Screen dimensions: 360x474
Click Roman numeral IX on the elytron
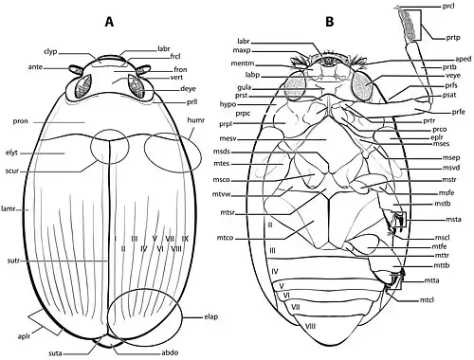186,238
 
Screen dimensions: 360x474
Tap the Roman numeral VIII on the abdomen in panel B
310,325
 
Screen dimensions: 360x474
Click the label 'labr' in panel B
244,41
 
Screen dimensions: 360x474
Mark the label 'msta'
452,219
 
